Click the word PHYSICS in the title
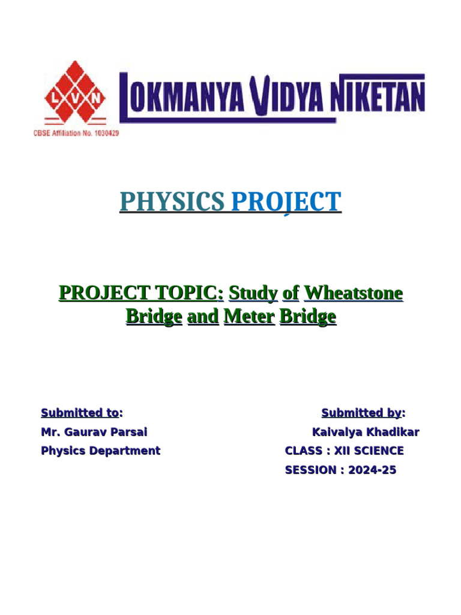point(172,202)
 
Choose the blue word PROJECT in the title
point(286,202)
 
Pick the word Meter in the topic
point(249,317)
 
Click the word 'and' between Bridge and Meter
point(203,317)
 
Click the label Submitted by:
point(363,413)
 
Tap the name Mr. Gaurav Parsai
point(94,432)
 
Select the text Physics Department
point(100,450)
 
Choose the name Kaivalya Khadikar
point(366,432)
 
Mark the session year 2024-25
point(372,470)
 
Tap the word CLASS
point(303,450)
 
